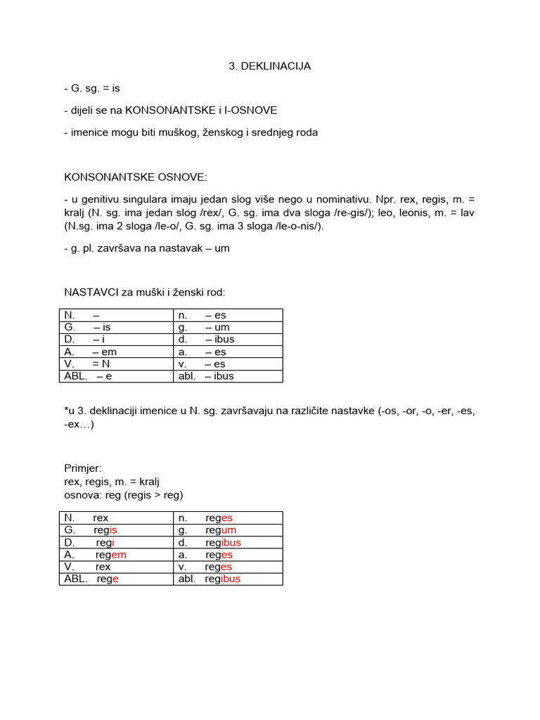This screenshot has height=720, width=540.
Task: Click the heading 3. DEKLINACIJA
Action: [x=269, y=66]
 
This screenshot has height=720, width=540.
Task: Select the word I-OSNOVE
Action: [x=252, y=110]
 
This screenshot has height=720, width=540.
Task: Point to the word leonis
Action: [x=397, y=212]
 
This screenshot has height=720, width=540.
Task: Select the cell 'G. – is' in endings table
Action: [x=116, y=327]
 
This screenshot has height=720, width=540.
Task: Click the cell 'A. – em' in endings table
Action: [x=116, y=352]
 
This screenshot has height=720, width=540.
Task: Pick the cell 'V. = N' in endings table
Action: [x=116, y=364]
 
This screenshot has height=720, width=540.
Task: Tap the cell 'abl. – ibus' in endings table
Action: [x=228, y=376]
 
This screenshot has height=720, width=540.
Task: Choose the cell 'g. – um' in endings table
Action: [x=228, y=327]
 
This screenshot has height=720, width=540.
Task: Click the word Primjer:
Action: [x=83, y=469]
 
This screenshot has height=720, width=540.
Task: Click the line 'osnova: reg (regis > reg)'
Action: [x=123, y=495]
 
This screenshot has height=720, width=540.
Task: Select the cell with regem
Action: [x=116, y=555]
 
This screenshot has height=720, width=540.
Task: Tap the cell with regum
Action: [x=228, y=530]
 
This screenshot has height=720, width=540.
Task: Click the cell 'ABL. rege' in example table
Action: [x=116, y=579]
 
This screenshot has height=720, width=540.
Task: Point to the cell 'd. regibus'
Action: [x=228, y=543]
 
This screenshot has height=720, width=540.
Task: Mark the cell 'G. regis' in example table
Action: [x=116, y=530]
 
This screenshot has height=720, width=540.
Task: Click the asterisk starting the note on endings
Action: [x=65, y=411]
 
